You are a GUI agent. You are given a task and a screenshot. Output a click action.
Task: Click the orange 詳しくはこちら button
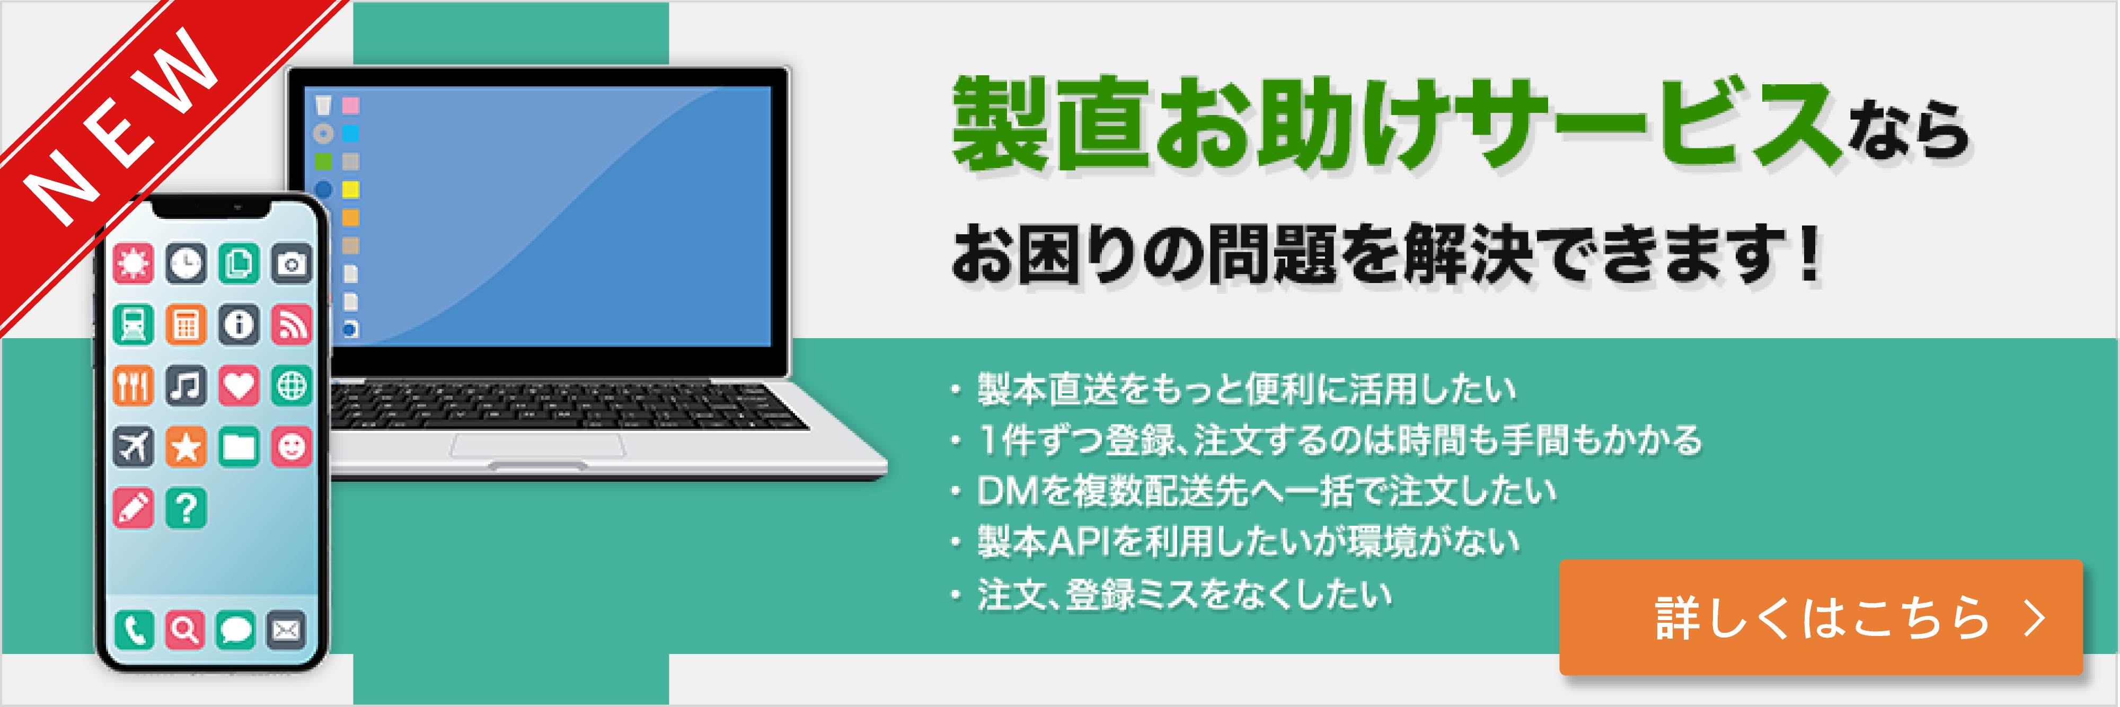tap(1821, 617)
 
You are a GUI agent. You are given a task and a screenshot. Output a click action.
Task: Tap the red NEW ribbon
tap(123, 131)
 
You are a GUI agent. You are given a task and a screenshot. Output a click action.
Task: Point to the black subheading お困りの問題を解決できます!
tap(1386, 255)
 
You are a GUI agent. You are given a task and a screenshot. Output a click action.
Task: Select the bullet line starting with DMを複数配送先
tap(1266, 491)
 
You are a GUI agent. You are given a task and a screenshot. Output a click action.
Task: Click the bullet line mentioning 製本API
tap(1247, 542)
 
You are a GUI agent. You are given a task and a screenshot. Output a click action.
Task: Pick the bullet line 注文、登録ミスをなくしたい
tap(1183, 594)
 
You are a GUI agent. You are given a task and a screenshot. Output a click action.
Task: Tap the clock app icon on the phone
tap(186, 263)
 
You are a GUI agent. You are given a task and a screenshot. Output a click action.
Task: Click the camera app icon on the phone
tap(291, 263)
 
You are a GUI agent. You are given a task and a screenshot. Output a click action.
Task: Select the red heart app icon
tap(238, 385)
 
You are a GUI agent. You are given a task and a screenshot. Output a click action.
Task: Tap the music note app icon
tap(186, 385)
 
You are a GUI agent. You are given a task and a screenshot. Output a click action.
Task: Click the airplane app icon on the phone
tap(134, 447)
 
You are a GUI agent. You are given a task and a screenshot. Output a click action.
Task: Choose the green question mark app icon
tap(186, 508)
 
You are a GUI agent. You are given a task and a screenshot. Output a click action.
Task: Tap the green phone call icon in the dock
tap(134, 631)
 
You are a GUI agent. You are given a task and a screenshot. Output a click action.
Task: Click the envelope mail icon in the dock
tap(286, 631)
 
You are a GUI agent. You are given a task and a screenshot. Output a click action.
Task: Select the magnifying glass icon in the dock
tap(185, 631)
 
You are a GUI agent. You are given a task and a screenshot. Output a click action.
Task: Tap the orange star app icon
tap(186, 447)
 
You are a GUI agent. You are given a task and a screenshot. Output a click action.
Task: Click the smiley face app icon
tap(291, 447)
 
